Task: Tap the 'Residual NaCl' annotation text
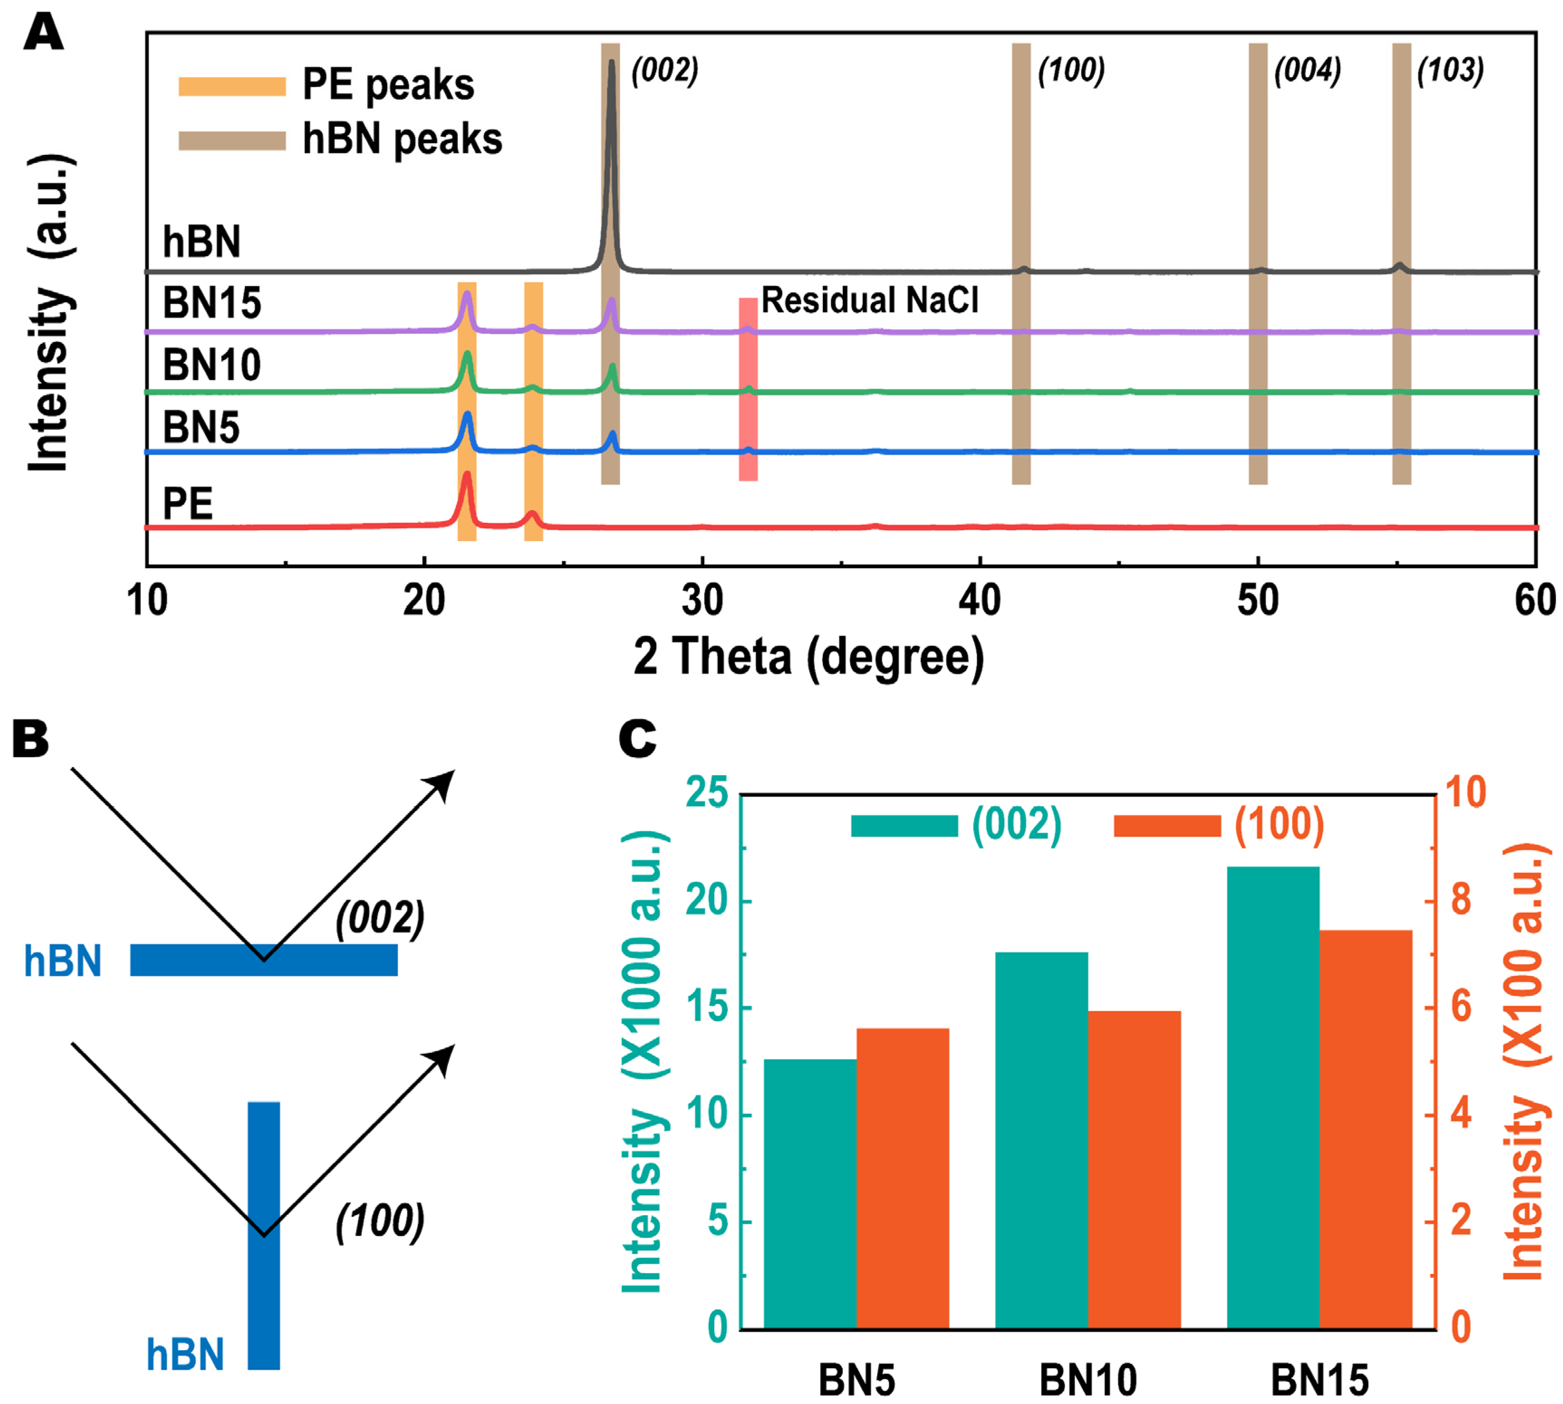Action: click(870, 300)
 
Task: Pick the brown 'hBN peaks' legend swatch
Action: click(231, 140)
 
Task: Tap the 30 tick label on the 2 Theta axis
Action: click(702, 600)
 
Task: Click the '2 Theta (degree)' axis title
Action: click(808, 657)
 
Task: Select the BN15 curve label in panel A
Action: click(211, 302)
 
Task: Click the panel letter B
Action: click(31, 739)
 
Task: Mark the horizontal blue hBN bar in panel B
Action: click(264, 960)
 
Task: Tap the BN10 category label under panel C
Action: click(1087, 1380)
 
